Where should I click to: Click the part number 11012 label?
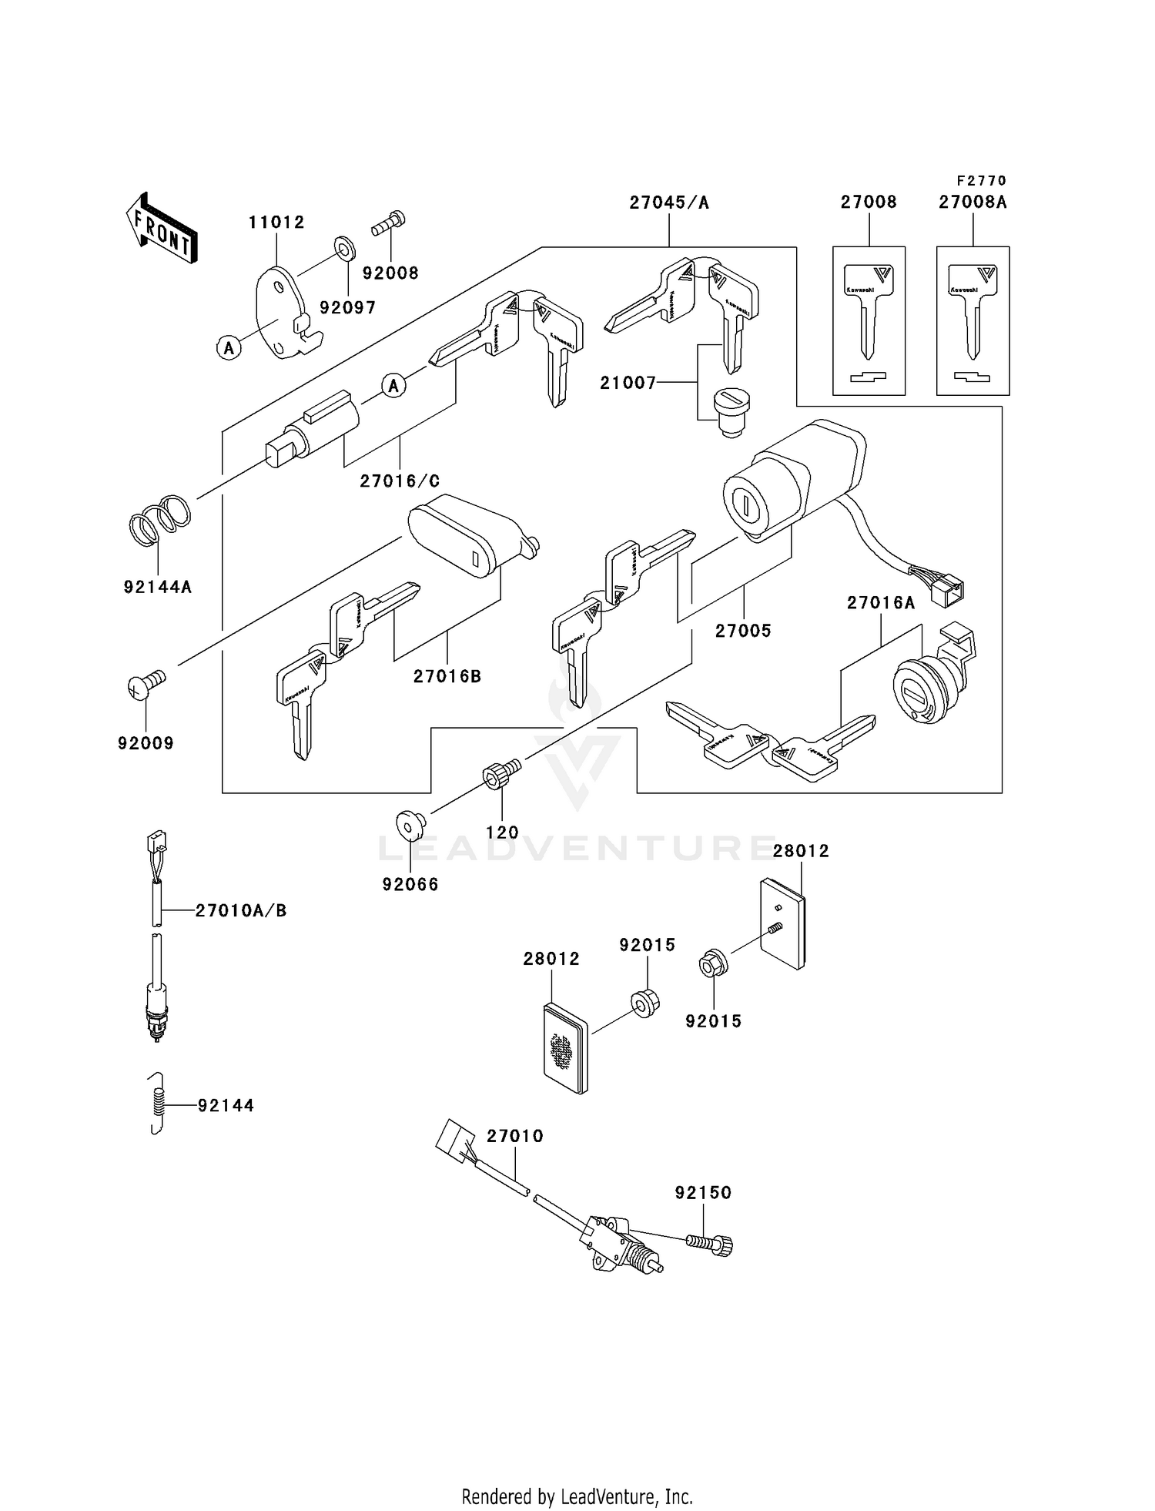pyautogui.click(x=276, y=222)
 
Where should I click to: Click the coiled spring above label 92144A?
pyautogui.click(x=159, y=518)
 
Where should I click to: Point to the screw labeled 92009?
pyautogui.click(x=146, y=684)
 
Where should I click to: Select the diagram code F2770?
pyautogui.click(x=981, y=180)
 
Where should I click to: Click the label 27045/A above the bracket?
pyautogui.click(x=668, y=202)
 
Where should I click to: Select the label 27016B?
pyautogui.click(x=447, y=676)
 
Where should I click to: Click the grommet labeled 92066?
pyautogui.click(x=410, y=827)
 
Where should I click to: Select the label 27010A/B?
pyautogui.click(x=240, y=910)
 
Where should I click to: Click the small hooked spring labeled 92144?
pyautogui.click(x=157, y=1103)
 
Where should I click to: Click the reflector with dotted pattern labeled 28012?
pyautogui.click(x=564, y=1047)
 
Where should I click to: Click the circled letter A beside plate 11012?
pyautogui.click(x=228, y=348)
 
